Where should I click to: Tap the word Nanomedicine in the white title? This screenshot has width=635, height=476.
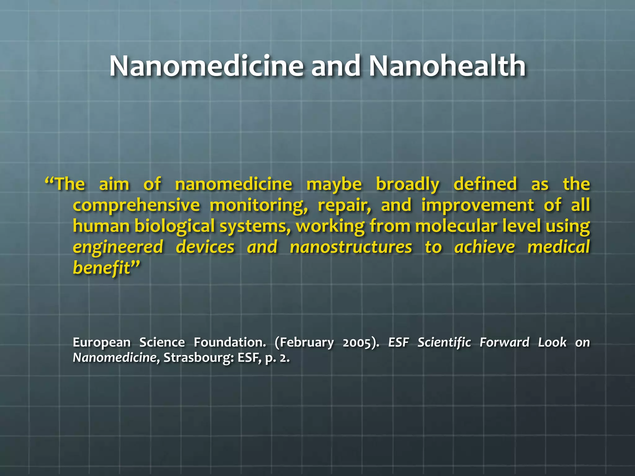click(206, 66)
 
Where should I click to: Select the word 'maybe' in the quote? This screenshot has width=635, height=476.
click(334, 184)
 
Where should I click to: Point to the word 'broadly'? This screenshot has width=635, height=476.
click(407, 184)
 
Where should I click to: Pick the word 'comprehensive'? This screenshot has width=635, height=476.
click(136, 205)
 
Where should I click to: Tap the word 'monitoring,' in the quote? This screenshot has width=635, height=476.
click(259, 205)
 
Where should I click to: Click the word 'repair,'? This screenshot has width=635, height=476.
click(344, 205)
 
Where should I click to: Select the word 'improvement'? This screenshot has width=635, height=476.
click(477, 205)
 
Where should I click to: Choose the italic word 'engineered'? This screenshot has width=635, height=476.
click(118, 247)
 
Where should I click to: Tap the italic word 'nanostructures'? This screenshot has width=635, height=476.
click(351, 247)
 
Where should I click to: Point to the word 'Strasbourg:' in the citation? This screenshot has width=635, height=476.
click(198, 358)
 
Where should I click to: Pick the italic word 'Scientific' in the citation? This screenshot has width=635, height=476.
click(444, 342)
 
